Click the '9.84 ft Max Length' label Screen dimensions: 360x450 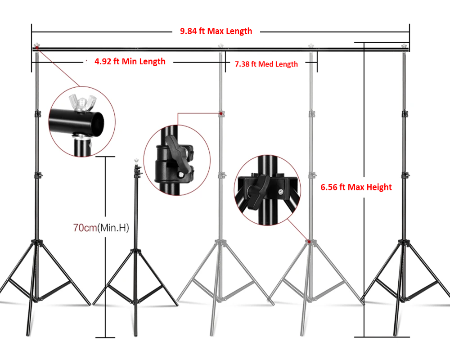[216, 31]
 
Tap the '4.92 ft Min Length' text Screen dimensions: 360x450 [130, 61]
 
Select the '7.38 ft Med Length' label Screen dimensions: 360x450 [266, 64]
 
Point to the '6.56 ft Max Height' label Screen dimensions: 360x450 [356, 187]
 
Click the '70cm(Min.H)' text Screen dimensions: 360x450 [101, 228]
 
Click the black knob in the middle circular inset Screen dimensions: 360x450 [175, 151]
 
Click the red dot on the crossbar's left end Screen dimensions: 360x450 [36, 46]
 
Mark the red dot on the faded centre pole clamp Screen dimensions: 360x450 [220, 114]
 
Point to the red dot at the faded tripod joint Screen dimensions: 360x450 [309, 242]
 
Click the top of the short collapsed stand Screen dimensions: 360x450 [136, 161]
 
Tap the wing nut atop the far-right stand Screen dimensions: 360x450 [404, 45]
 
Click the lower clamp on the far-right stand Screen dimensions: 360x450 [405, 175]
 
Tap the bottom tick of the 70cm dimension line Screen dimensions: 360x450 [105, 337]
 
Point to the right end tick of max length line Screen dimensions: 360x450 [409, 31]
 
